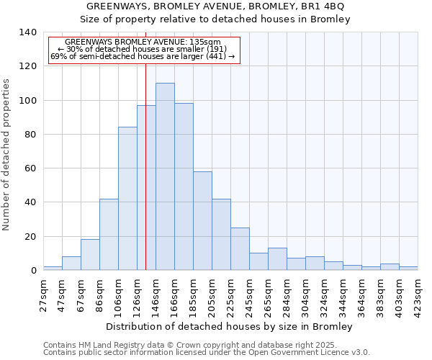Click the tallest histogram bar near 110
click(165, 176)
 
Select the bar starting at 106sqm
click(127, 199)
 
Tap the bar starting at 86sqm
click(109, 235)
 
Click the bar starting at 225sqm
click(240, 249)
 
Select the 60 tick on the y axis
click(31, 168)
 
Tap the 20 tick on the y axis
click(31, 236)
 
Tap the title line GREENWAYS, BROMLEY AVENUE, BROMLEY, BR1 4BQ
click(215, 6)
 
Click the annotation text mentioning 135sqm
click(143, 42)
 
